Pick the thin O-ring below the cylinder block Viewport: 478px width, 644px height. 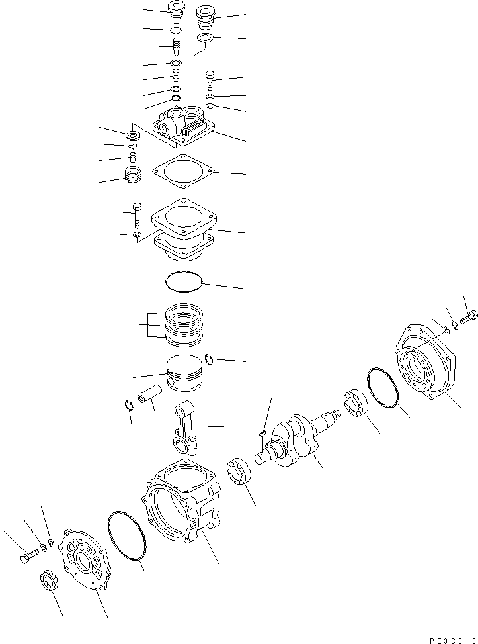pos(182,281)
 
